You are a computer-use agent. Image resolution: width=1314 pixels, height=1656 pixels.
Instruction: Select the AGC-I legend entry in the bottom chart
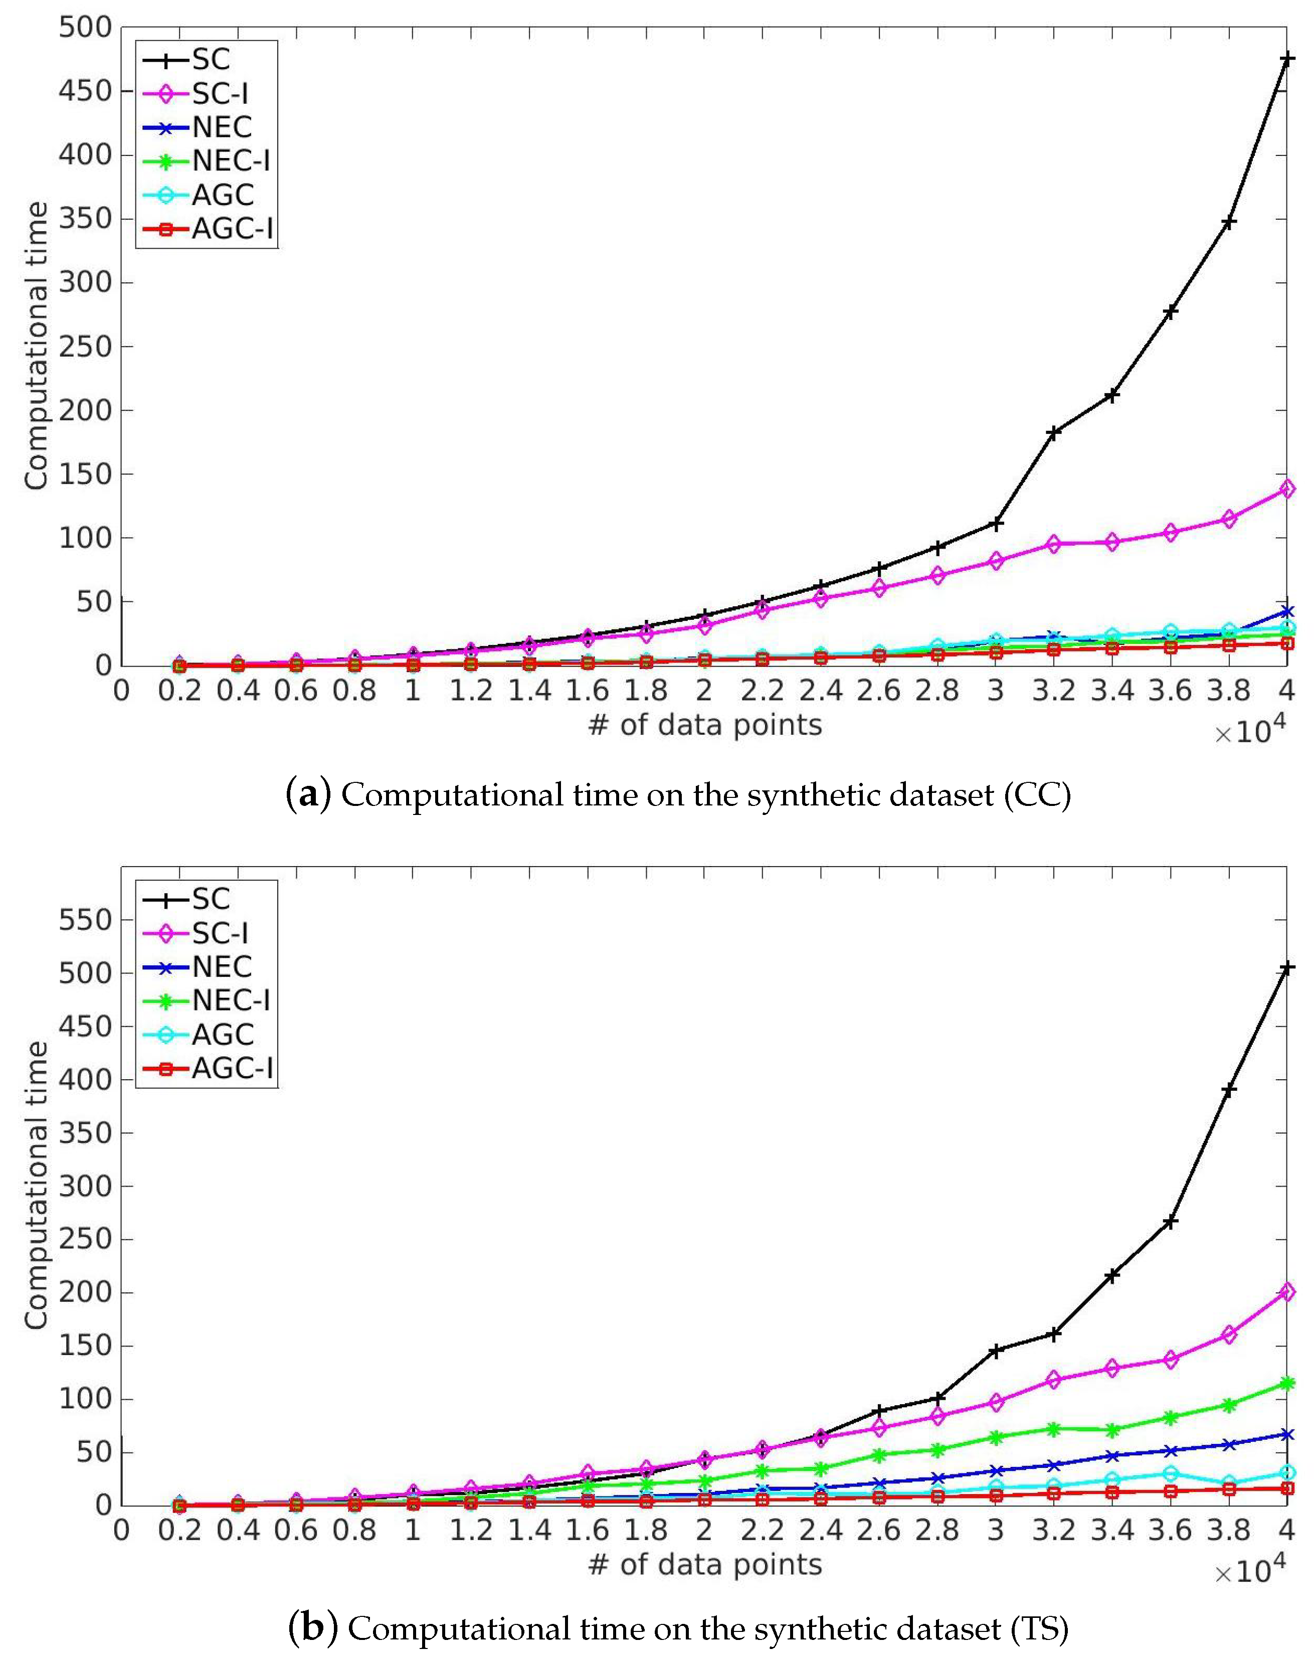click(x=232, y=1068)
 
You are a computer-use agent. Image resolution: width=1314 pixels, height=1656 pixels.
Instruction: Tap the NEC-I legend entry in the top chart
click(x=231, y=160)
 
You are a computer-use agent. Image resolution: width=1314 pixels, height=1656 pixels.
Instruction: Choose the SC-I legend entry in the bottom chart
click(x=220, y=933)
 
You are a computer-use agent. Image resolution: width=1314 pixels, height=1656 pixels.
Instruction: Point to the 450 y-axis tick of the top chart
click(x=85, y=91)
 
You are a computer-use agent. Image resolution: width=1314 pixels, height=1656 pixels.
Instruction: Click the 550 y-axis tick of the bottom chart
click(x=85, y=919)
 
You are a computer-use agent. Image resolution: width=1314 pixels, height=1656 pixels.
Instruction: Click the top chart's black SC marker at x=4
click(x=1286, y=58)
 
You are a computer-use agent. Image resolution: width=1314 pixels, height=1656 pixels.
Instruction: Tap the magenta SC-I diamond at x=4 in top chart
click(x=1286, y=488)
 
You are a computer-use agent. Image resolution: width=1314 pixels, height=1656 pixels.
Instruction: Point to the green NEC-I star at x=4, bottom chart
click(x=1286, y=1384)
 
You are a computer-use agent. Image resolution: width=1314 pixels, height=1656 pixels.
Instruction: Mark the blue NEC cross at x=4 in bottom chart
click(x=1286, y=1435)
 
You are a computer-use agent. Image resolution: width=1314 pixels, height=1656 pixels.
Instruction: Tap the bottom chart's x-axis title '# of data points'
click(x=704, y=1565)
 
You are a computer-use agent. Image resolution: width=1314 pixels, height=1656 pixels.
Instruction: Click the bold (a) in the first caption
click(x=308, y=794)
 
